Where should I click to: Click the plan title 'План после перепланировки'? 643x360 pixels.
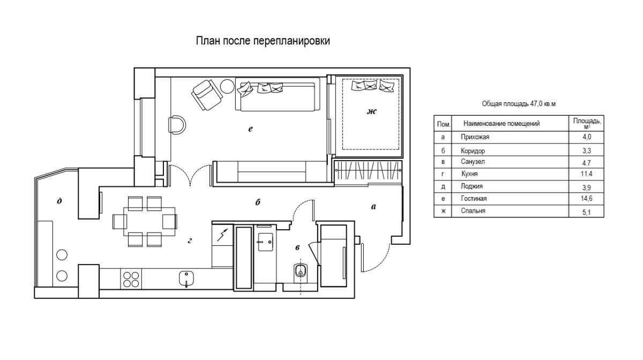coord(263,41)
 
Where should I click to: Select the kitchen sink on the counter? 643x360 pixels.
coord(186,279)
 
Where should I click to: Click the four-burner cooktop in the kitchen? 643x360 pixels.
coord(131,280)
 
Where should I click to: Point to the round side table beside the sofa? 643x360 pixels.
coord(228,86)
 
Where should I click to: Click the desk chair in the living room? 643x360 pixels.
coord(177,125)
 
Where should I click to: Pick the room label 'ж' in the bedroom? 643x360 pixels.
coord(371,111)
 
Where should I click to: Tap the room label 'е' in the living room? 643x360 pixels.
coord(250,129)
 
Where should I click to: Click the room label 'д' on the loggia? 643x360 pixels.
coord(59,201)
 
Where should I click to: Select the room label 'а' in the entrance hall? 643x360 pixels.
coord(373,206)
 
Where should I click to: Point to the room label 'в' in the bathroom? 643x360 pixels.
coord(298,247)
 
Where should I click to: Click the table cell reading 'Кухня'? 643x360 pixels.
coord(469,174)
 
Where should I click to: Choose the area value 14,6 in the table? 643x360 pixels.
coord(587,198)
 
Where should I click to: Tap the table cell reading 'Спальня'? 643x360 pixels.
coord(473,211)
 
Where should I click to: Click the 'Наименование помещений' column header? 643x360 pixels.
coord(502,123)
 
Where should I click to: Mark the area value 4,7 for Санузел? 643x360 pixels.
coord(586,163)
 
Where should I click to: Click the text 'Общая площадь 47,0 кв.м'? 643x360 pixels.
coord(519,103)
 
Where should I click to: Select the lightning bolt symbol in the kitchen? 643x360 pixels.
coord(223,235)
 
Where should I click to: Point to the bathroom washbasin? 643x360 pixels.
coord(265,242)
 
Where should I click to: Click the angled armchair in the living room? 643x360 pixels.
coord(207,95)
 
